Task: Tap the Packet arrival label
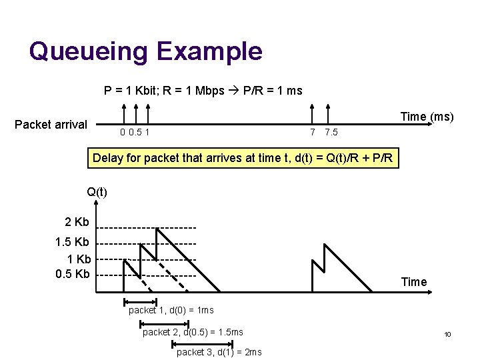click(x=51, y=125)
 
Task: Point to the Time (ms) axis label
click(x=427, y=117)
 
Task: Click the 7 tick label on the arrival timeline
click(x=313, y=132)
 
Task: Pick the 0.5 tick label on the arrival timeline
click(x=135, y=132)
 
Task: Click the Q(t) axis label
click(x=97, y=193)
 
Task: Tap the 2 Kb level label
click(x=77, y=222)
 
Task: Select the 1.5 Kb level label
click(x=73, y=242)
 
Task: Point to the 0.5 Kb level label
click(x=73, y=274)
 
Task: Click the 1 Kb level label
click(x=79, y=259)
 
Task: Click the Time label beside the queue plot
click(x=413, y=282)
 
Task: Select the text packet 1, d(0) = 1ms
click(x=171, y=311)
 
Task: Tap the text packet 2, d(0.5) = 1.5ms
click(x=193, y=332)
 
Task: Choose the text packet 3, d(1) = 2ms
click(x=219, y=352)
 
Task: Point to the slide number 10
click(x=448, y=334)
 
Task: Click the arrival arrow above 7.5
click(x=327, y=113)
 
